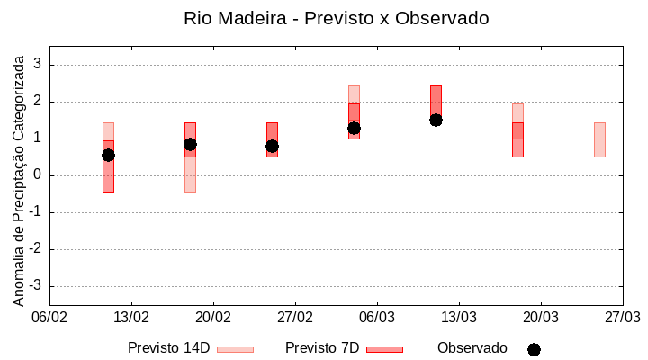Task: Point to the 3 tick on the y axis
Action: coord(38,65)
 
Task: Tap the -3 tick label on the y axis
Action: coord(35,286)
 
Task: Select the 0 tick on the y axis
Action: coord(38,175)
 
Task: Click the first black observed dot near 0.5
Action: coord(108,155)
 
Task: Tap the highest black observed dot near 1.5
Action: coord(436,120)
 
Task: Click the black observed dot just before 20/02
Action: coord(190,144)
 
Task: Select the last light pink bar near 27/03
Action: coord(599,139)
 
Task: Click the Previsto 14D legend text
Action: coord(168,348)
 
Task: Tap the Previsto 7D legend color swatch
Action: coord(385,349)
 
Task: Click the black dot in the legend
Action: coord(534,349)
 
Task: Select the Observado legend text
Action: coord(472,348)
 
